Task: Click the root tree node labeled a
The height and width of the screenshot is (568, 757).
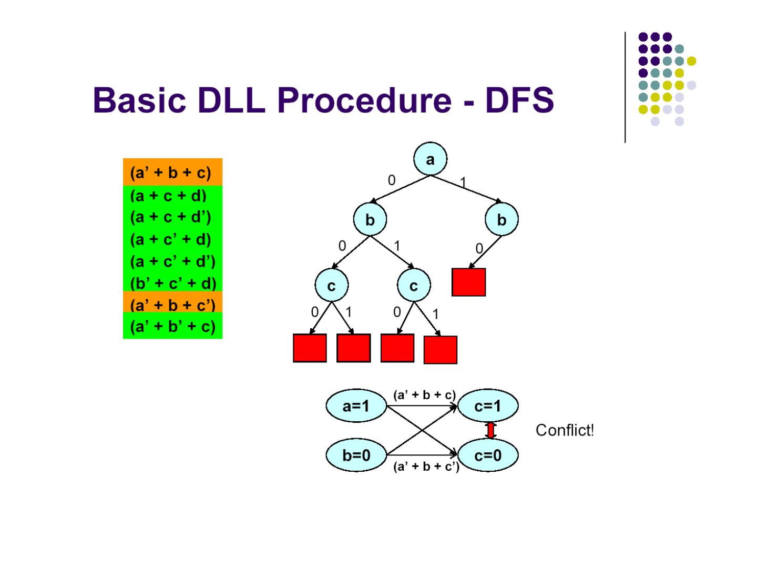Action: coord(430,159)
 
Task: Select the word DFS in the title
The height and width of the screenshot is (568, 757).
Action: coord(519,100)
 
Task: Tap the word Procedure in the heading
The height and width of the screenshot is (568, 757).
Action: coord(364,100)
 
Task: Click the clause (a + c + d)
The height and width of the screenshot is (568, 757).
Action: coord(168,196)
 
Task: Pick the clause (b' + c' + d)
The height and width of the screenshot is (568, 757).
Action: coord(173,283)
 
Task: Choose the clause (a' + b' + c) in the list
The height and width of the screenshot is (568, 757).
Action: coord(173,326)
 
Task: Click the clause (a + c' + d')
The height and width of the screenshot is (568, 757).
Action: coord(173,261)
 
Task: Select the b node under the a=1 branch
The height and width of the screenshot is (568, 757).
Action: coord(502,219)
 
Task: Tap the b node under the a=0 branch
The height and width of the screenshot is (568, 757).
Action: coord(370,219)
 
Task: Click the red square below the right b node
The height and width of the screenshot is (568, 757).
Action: coord(469,282)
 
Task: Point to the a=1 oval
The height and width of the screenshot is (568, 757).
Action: coord(356,406)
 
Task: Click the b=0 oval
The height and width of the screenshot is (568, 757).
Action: coord(356,455)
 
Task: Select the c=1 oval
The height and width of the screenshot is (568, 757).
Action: coord(488,406)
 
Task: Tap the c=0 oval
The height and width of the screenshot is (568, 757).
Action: coord(488,455)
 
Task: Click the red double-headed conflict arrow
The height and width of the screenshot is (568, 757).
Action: coord(490,430)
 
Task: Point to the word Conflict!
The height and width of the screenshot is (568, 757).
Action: coord(565,430)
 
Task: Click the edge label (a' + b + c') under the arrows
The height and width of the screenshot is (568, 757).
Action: coord(426,466)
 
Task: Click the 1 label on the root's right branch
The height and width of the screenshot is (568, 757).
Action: coord(463,182)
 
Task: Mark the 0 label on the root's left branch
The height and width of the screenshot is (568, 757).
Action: coord(392,180)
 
